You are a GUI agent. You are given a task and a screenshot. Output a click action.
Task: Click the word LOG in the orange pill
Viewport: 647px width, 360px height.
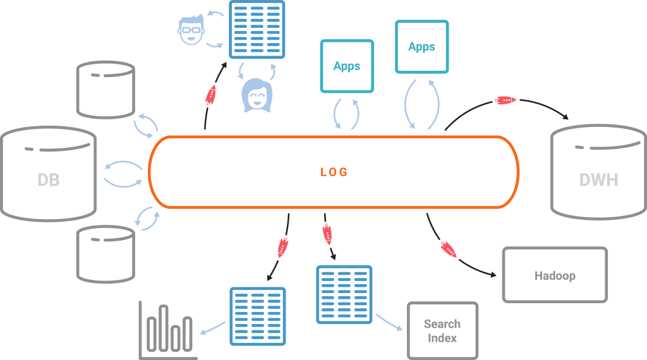pyautogui.click(x=334, y=172)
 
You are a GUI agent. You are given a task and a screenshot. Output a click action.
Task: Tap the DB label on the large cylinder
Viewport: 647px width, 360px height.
pyautogui.click(x=48, y=180)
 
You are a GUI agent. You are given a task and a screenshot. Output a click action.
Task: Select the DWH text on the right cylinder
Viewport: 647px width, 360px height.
pyautogui.click(x=598, y=180)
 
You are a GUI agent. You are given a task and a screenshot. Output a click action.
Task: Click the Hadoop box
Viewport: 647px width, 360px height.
pyautogui.click(x=555, y=275)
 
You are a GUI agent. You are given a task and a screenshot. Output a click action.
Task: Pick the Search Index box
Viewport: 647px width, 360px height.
pyautogui.click(x=442, y=331)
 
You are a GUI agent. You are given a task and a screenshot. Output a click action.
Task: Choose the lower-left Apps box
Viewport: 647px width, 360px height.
pyautogui.click(x=347, y=66)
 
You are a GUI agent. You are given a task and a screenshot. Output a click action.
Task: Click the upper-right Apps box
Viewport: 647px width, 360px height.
pyautogui.click(x=421, y=47)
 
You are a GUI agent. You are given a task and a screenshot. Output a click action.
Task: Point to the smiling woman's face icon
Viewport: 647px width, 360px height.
pyautogui.click(x=257, y=97)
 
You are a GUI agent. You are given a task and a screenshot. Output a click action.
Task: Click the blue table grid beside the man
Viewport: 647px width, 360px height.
pyautogui.click(x=257, y=29)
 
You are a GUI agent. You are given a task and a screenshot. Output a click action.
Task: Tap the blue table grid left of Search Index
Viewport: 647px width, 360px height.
pyautogui.click(x=344, y=294)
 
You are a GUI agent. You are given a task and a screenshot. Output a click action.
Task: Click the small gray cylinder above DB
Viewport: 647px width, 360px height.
pyautogui.click(x=105, y=88)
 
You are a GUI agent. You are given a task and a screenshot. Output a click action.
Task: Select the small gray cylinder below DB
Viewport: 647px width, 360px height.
pyautogui.click(x=105, y=253)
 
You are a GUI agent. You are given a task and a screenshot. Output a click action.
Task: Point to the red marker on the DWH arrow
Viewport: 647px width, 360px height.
pyautogui.click(x=506, y=100)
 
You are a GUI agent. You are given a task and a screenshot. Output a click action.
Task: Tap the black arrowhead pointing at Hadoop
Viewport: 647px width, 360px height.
pyautogui.click(x=492, y=274)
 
